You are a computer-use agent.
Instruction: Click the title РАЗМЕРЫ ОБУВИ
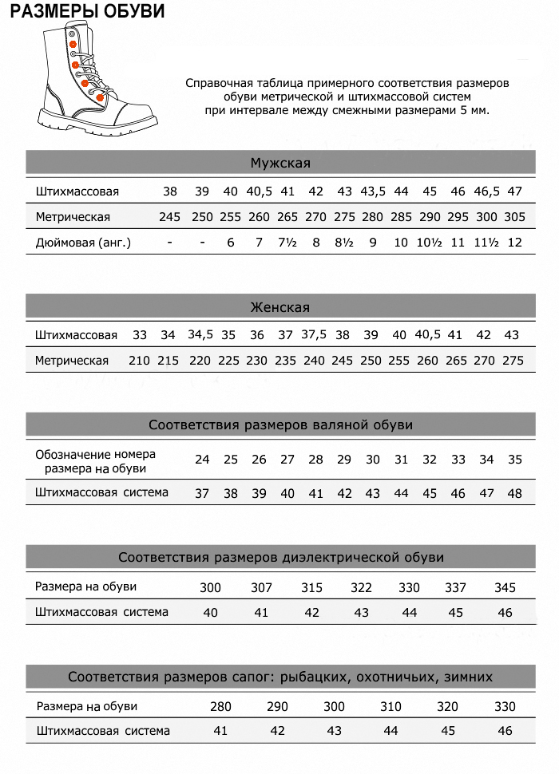[88, 11]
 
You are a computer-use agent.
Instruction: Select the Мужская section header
[280, 164]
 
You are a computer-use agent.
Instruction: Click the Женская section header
[280, 307]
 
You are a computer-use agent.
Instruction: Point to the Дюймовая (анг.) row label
[83, 243]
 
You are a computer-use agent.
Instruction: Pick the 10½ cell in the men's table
[430, 243]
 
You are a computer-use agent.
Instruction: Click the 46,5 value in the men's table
[487, 192]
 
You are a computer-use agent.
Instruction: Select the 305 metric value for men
[515, 217]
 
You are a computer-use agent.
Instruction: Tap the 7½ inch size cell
[287, 243]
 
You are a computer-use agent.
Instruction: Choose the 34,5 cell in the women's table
[200, 335]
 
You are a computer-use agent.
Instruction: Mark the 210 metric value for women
[139, 361]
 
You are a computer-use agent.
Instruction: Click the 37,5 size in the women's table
[314, 335]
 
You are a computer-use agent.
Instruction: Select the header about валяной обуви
[280, 425]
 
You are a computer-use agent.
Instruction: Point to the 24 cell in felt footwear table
[202, 460]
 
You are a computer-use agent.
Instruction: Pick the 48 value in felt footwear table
[515, 494]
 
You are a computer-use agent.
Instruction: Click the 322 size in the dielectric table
[361, 588]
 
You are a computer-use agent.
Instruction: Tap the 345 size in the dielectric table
[505, 588]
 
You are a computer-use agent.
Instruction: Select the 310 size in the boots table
[391, 707]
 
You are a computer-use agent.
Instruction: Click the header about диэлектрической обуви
[280, 557]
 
